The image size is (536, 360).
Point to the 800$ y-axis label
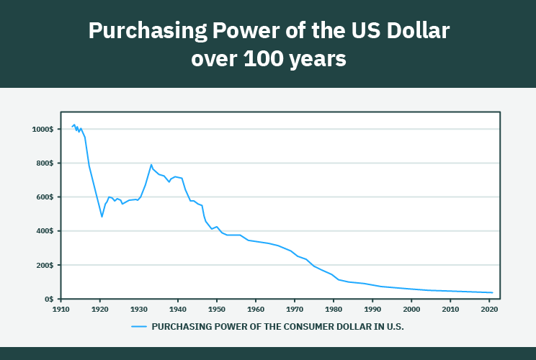click(44, 163)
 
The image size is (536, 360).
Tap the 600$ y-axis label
click(44, 197)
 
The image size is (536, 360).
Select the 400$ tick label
click(44, 231)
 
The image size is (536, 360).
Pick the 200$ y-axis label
click(44, 265)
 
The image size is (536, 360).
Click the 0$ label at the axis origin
click(48, 299)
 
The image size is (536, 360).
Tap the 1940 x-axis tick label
click(177, 310)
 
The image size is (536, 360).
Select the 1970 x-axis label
click(294, 310)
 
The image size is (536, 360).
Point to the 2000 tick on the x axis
click(411, 310)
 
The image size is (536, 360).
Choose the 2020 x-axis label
click(488, 310)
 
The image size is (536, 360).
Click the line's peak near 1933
click(151, 165)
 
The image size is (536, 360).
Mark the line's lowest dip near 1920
click(102, 217)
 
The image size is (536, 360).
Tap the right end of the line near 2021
click(492, 292)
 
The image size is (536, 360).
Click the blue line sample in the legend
click(139, 326)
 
